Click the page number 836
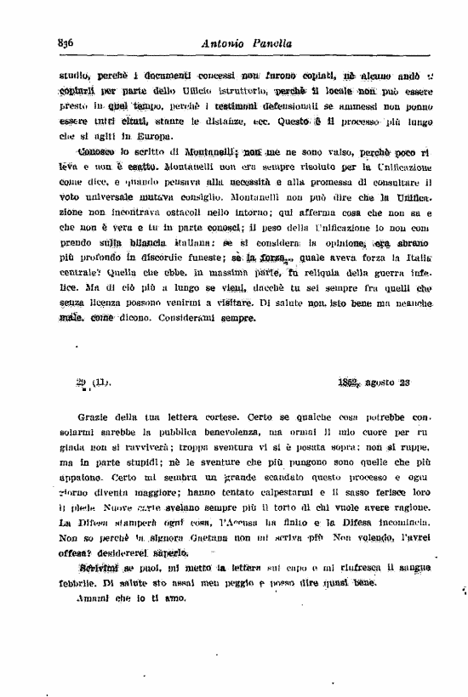(x=67, y=44)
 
